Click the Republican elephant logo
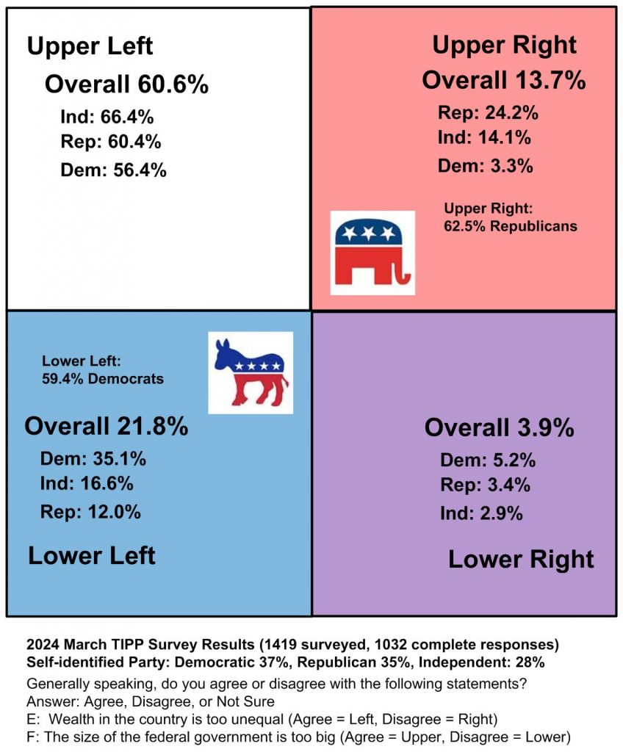(x=372, y=253)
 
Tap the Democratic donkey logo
(x=250, y=373)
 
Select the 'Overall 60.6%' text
(x=126, y=84)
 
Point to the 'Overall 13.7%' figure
(x=503, y=79)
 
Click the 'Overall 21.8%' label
(x=107, y=426)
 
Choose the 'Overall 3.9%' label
(x=499, y=427)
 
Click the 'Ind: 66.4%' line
(x=107, y=117)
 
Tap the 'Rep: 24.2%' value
(x=488, y=113)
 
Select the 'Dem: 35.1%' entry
(x=93, y=460)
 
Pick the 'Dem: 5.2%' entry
(x=488, y=460)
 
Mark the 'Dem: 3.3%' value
(x=485, y=166)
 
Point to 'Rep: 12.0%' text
(x=90, y=512)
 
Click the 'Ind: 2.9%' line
(x=481, y=513)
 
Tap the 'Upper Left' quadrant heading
(x=90, y=47)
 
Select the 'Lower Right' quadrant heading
(x=521, y=560)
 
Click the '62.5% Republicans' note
(x=510, y=226)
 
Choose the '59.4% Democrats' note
(x=102, y=380)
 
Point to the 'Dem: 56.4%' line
(x=113, y=170)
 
